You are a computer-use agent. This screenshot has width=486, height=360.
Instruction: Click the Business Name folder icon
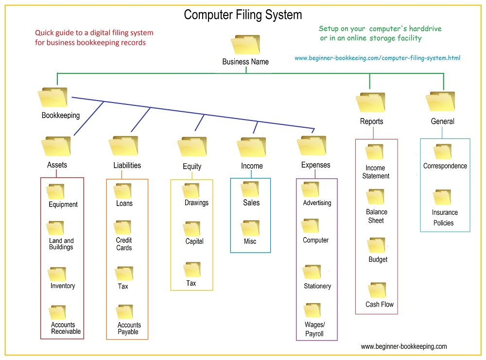coord(245,45)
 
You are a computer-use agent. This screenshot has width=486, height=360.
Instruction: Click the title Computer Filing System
coord(243,15)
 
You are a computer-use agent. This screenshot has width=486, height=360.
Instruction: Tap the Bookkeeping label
coord(61,116)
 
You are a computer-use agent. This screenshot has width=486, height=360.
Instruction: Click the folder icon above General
coord(440,102)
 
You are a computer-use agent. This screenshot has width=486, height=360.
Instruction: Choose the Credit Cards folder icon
coord(122,227)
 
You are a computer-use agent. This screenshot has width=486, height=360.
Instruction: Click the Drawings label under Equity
coord(196,203)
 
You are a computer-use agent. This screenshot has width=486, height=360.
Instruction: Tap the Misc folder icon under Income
coord(250,228)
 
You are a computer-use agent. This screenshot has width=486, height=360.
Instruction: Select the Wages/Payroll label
coord(314,329)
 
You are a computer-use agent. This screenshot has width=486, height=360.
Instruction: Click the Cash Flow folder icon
coord(377,290)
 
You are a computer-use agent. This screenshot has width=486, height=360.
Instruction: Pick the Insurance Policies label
coord(444,218)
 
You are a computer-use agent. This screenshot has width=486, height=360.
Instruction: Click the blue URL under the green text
coord(377,58)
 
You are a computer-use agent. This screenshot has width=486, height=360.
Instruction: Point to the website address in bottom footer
coord(403,346)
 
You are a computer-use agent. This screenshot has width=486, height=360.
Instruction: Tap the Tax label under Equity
coord(191,283)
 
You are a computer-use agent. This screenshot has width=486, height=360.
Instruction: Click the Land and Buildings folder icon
coord(56,228)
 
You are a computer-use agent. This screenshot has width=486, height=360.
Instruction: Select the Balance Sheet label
coord(377,216)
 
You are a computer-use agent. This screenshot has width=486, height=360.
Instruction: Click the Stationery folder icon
coord(312,272)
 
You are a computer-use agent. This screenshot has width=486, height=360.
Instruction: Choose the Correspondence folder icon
coord(443,152)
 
